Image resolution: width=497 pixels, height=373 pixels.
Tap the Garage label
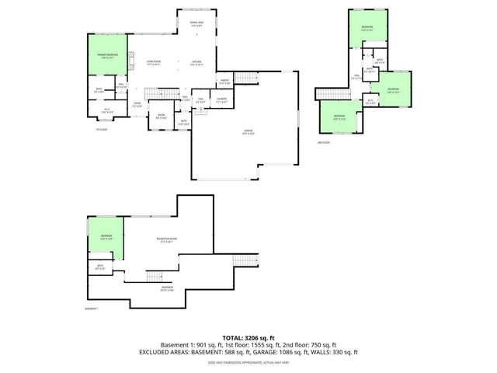[248, 134]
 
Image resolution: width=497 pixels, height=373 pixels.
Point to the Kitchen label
[197, 63]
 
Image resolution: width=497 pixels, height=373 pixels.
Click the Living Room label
[153, 63]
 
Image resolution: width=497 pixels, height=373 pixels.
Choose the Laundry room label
[221, 99]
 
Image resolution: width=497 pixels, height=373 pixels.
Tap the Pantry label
[224, 81]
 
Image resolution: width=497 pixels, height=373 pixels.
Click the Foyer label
[137, 104]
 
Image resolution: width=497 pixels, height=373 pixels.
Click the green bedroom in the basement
[106, 237]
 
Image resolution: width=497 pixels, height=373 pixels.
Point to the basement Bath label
[100, 267]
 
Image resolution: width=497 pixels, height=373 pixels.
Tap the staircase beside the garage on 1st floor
[245, 78]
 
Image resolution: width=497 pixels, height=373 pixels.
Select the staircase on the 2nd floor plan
[326, 93]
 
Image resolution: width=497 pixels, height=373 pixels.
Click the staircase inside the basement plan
[155, 276]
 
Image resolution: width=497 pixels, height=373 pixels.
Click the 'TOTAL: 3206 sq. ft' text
[248, 338]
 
